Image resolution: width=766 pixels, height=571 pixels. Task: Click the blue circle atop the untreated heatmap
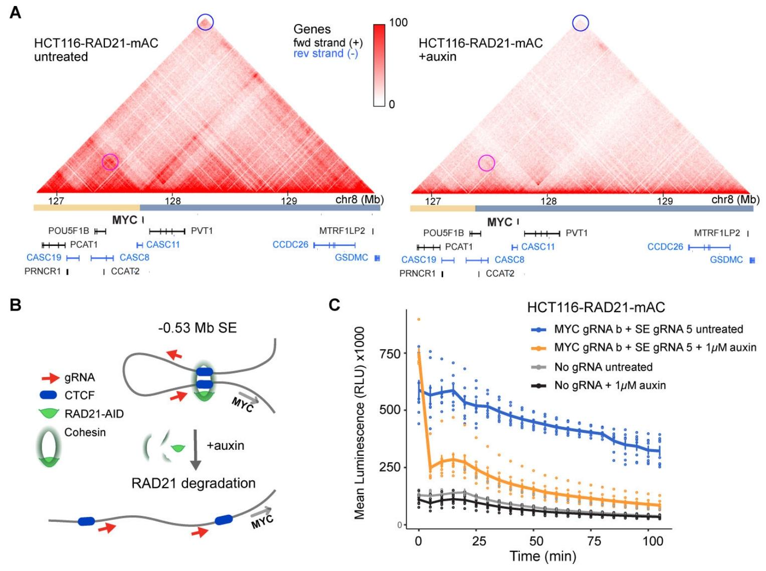[205, 22]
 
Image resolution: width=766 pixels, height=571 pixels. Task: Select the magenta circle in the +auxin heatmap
[486, 163]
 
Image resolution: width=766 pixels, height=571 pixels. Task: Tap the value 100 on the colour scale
[398, 23]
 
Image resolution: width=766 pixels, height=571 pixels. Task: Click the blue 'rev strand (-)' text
[325, 54]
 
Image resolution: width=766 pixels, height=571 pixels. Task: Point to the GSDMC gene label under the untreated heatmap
[351, 258]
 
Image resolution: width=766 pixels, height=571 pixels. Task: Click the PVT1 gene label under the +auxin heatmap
[577, 233]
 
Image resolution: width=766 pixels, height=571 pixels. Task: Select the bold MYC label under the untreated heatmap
[124, 220]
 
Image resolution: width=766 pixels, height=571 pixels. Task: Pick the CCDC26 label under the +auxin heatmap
[665, 247]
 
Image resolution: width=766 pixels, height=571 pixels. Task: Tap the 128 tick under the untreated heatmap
[173, 201]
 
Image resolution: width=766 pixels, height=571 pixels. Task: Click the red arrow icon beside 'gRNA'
[51, 377]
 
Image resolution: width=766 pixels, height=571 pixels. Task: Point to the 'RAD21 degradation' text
[194, 483]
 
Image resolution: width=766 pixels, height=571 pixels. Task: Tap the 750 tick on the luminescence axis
[392, 354]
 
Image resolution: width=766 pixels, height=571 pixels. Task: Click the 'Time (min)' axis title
[543, 556]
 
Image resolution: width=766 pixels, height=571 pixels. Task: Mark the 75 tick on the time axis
[595, 541]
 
